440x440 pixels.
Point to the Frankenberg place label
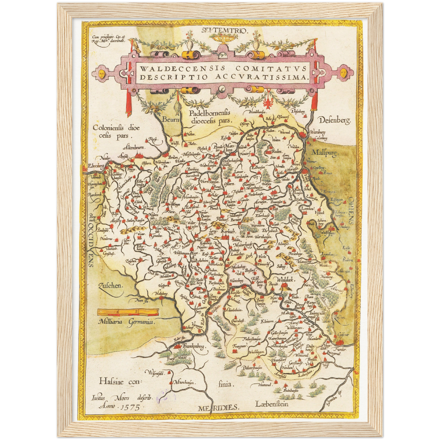194,347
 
